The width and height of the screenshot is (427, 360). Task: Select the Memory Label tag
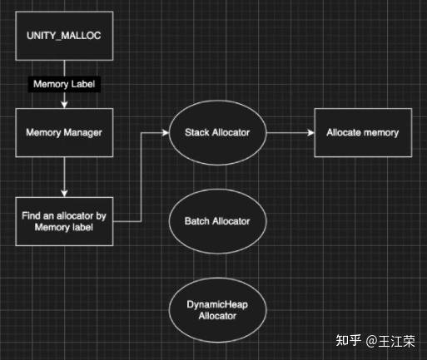(x=64, y=84)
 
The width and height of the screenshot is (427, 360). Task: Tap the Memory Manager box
(x=64, y=131)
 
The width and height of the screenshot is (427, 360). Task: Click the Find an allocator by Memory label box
(x=64, y=221)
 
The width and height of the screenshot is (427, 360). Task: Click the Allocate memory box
(x=362, y=131)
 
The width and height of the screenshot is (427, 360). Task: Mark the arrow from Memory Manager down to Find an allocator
(x=64, y=175)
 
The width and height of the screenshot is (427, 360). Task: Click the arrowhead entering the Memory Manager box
(x=64, y=104)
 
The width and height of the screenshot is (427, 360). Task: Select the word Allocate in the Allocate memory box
(x=344, y=131)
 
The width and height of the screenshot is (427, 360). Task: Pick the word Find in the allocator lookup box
(x=33, y=215)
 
